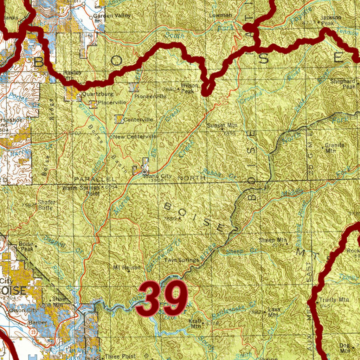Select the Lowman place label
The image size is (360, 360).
(221, 15)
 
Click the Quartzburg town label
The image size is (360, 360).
(92, 94)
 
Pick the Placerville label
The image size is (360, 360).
(112, 102)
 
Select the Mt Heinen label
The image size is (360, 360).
(127, 268)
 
